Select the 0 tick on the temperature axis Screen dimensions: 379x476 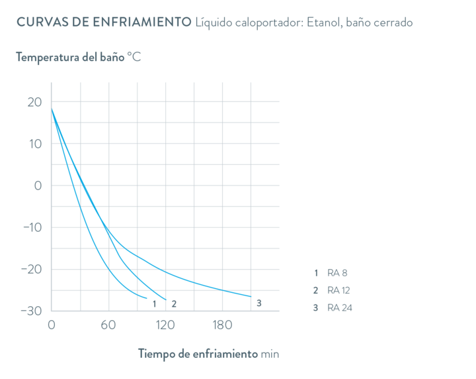[x=38, y=186]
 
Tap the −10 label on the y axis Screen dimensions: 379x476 [x=31, y=227]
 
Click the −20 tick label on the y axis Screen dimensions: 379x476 [x=31, y=269]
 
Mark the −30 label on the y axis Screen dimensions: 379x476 [x=31, y=310]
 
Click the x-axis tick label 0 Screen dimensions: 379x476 [x=52, y=325]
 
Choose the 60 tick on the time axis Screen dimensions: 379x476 [x=108, y=325]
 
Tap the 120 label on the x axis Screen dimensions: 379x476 [x=165, y=325]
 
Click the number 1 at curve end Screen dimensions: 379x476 [x=154, y=303]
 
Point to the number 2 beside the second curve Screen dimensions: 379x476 [x=173, y=303]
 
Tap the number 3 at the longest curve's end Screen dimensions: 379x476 [x=258, y=303]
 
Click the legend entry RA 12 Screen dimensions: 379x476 [x=339, y=290]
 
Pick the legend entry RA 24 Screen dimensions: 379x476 [x=340, y=307]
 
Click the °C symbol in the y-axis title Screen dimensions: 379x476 [x=135, y=58]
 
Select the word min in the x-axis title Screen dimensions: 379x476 [x=270, y=354]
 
